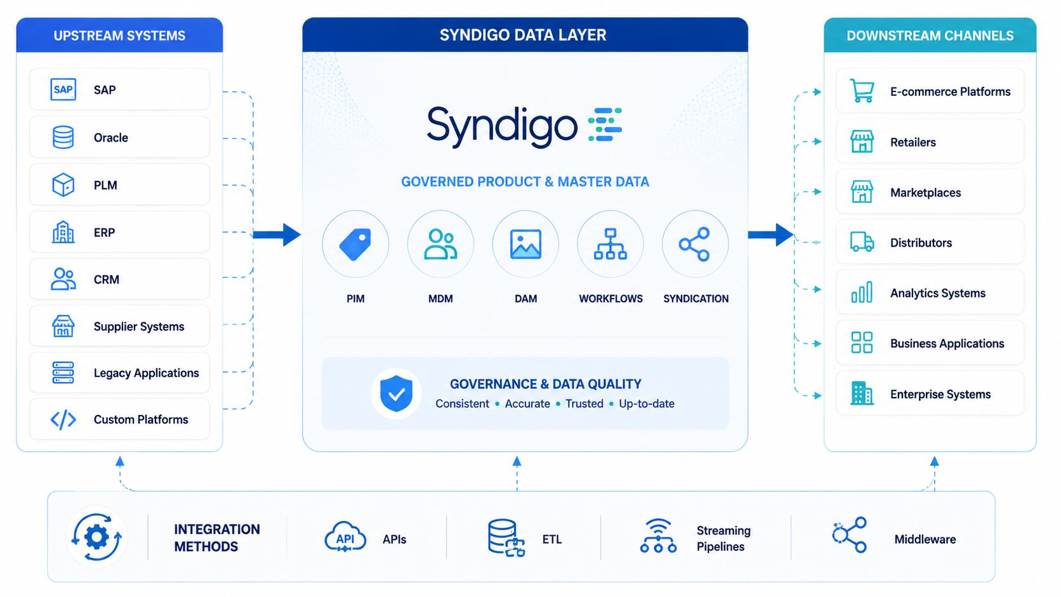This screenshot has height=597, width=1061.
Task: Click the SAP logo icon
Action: tap(63, 89)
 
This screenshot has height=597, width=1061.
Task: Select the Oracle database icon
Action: tap(63, 137)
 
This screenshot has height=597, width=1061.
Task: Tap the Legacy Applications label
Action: tap(146, 373)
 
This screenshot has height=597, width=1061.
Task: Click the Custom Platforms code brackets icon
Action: tap(63, 419)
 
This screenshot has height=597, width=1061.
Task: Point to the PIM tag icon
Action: tap(355, 244)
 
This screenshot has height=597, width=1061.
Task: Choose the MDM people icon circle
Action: tap(440, 244)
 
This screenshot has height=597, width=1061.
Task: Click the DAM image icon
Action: tap(526, 244)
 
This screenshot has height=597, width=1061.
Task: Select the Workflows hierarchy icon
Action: tap(610, 244)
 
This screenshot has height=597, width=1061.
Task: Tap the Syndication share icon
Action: tap(695, 244)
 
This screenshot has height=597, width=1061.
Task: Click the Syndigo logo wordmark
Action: tap(501, 126)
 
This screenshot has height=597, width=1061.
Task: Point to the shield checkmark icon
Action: tap(397, 393)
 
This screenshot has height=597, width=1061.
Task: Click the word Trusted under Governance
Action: tap(584, 404)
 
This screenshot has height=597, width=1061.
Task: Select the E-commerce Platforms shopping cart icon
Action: tap(862, 91)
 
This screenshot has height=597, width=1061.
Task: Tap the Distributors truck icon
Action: tap(862, 242)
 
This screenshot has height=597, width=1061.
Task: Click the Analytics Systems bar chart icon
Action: tap(862, 292)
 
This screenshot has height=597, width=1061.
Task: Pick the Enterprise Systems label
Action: tap(940, 395)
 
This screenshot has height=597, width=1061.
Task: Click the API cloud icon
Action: tap(345, 537)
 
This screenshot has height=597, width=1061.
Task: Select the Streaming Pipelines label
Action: tap(723, 539)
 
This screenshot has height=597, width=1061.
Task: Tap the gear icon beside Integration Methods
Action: tap(96, 537)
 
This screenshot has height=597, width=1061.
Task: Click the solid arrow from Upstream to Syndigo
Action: tap(277, 235)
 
